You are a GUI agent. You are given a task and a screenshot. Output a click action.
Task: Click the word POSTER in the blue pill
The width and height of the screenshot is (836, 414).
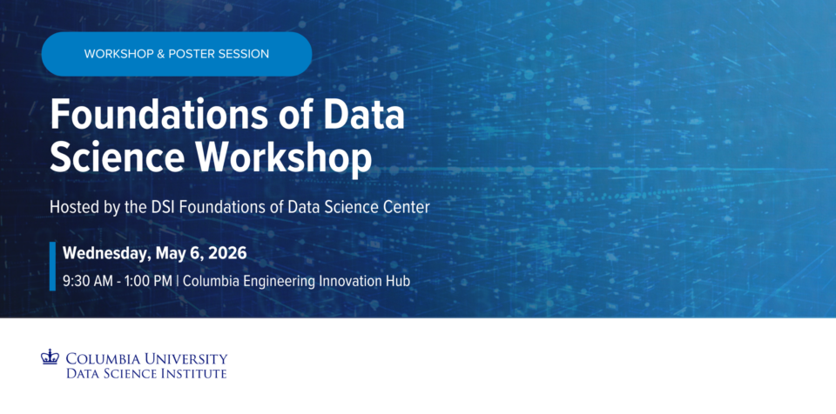192,54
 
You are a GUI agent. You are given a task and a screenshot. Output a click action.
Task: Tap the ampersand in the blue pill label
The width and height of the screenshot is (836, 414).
160,54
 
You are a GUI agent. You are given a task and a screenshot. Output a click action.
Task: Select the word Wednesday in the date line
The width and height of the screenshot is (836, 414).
105,254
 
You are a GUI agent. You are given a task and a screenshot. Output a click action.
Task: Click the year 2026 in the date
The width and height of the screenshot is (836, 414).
227,253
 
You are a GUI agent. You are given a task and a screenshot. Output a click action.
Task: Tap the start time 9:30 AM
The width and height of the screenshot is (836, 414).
88,281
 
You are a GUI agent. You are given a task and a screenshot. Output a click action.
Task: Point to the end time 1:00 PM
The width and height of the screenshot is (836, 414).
149,281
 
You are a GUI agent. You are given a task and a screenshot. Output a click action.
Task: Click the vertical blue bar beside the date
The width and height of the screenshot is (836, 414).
53,266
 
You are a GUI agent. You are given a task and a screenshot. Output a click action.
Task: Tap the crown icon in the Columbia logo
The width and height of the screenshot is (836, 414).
50,357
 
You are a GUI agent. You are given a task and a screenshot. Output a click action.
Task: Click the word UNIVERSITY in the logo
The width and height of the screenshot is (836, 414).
181,358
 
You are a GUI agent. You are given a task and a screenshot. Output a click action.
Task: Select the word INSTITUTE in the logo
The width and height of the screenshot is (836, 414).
193,373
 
